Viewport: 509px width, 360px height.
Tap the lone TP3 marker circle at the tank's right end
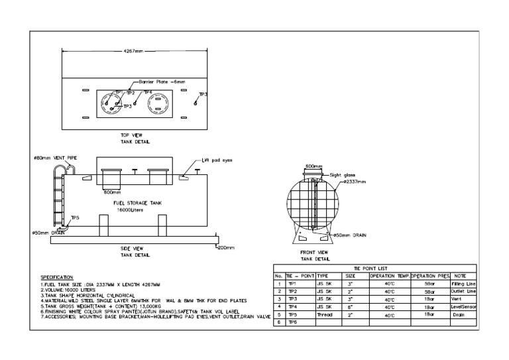[196, 103]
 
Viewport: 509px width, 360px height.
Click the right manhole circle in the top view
[159, 105]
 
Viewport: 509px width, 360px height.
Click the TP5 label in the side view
[75, 217]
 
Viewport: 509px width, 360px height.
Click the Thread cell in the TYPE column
[325, 314]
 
